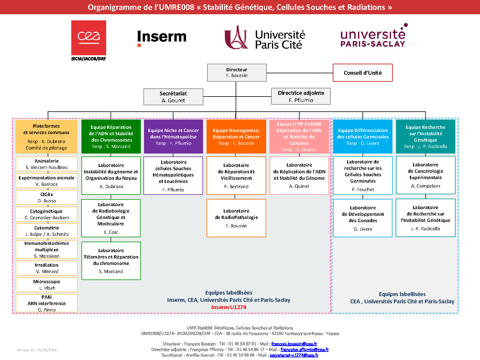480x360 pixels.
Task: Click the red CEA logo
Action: [x=88, y=38]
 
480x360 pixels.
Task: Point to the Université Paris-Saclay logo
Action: [x=373, y=36]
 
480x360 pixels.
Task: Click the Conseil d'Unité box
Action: [x=362, y=73]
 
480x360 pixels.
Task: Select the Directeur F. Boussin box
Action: [x=237, y=73]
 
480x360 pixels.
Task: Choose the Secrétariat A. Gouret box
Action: [x=173, y=97]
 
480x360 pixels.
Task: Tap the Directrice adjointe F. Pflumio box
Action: [x=301, y=96]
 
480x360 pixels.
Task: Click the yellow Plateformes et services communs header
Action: [x=47, y=136]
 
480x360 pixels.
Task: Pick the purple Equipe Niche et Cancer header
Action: [x=173, y=136]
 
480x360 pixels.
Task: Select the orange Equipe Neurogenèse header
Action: [x=236, y=136]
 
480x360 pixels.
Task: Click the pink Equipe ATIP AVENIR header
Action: [x=299, y=136]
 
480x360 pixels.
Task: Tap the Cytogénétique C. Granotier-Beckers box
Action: [x=47, y=214]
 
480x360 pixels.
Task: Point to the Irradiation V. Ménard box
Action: [x=47, y=268]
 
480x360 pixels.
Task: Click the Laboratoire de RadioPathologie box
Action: [x=236, y=218]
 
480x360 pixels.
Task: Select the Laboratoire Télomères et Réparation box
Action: [x=111, y=261]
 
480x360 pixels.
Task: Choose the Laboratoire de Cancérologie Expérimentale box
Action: [x=425, y=175]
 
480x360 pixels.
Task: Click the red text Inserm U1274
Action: [x=229, y=307]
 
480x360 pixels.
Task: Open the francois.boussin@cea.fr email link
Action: [x=294, y=344]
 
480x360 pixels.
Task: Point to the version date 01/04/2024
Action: [x=37, y=350]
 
